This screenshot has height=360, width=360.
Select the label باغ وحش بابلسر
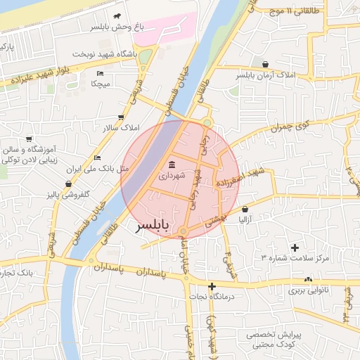(117, 27)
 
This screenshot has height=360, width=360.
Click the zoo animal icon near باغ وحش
(117, 15)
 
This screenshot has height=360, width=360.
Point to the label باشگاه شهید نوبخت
(104, 54)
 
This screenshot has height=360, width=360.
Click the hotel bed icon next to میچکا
(100, 73)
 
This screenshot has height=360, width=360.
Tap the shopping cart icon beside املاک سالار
(121, 117)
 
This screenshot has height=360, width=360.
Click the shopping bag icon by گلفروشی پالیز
(68, 184)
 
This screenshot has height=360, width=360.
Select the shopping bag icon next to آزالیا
(245, 209)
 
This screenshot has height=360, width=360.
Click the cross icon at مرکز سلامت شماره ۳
(294, 247)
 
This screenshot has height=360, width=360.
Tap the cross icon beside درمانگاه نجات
(212, 286)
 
